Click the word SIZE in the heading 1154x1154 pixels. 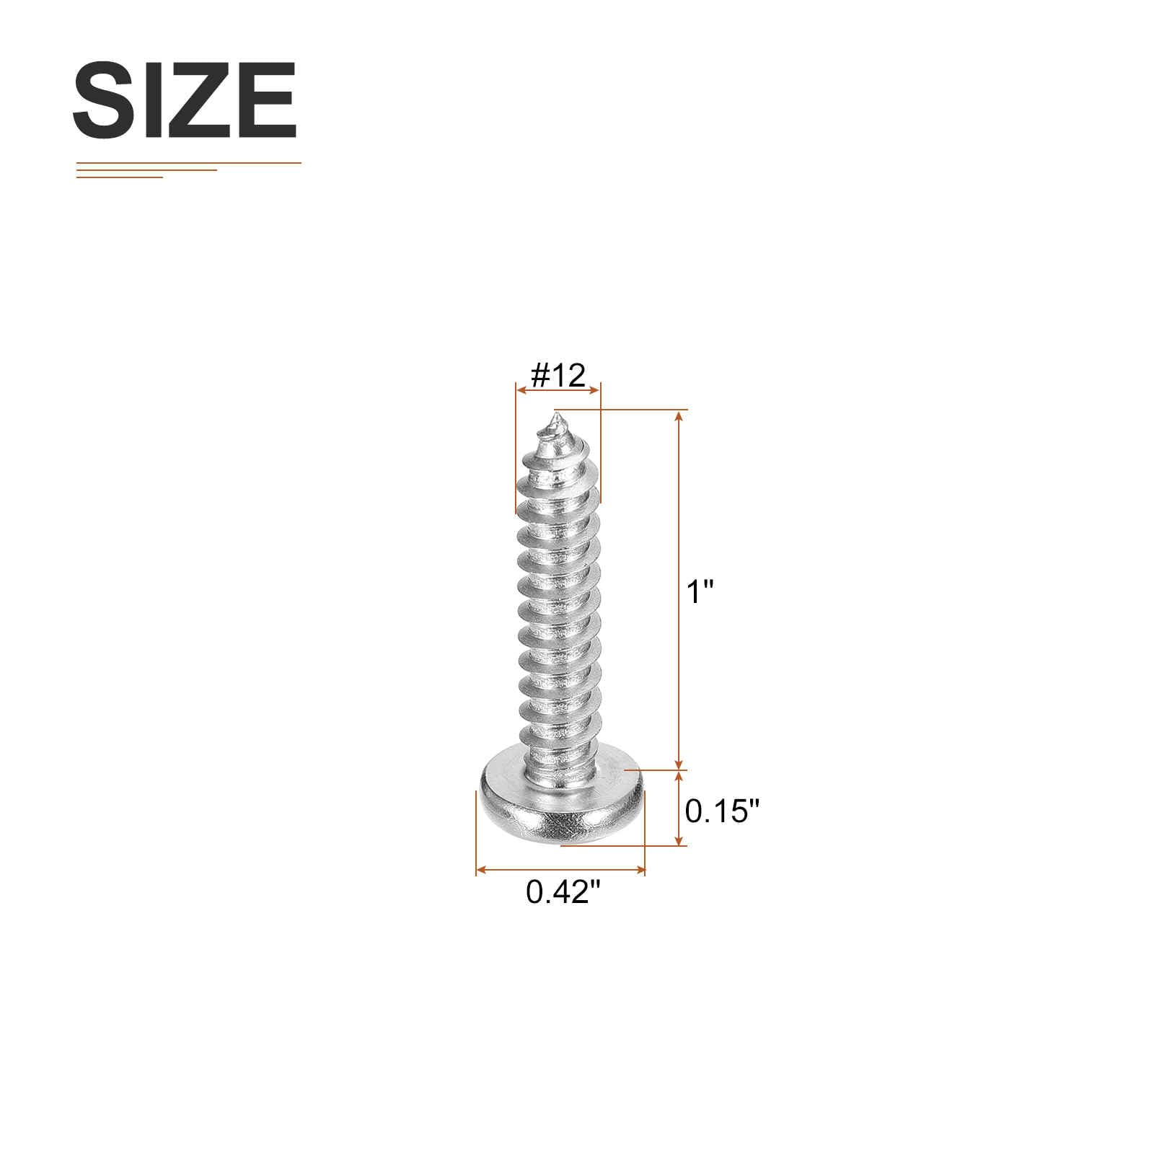pos(185,100)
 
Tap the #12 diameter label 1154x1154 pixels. pos(558,375)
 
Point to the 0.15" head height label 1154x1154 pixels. pos(723,811)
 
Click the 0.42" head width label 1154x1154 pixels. pos(563,892)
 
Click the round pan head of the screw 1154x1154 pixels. pos(561,806)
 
